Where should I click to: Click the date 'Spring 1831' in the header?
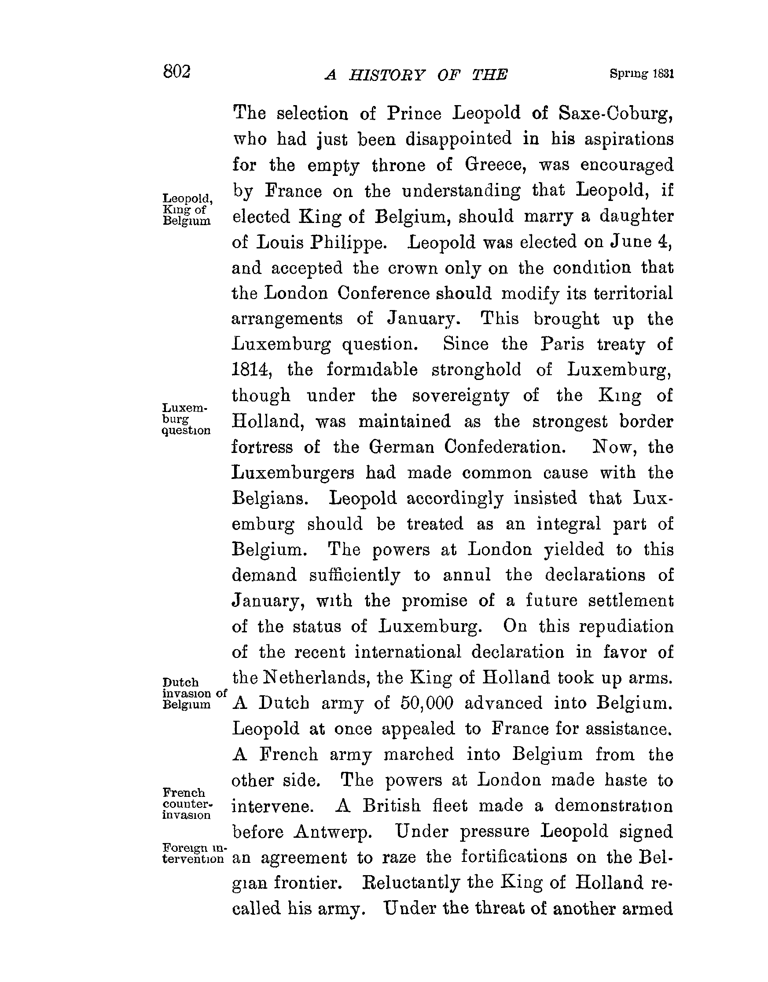click(x=642, y=74)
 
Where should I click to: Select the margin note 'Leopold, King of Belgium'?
click(x=186, y=209)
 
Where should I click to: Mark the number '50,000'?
click(x=426, y=703)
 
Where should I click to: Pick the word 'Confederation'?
click(x=504, y=447)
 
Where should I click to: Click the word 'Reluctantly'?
click(x=411, y=883)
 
